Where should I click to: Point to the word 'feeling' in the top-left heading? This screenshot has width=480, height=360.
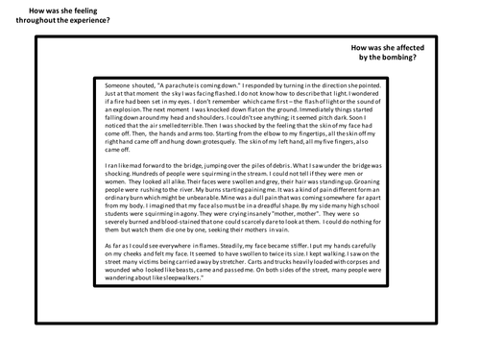tap(79, 9)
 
